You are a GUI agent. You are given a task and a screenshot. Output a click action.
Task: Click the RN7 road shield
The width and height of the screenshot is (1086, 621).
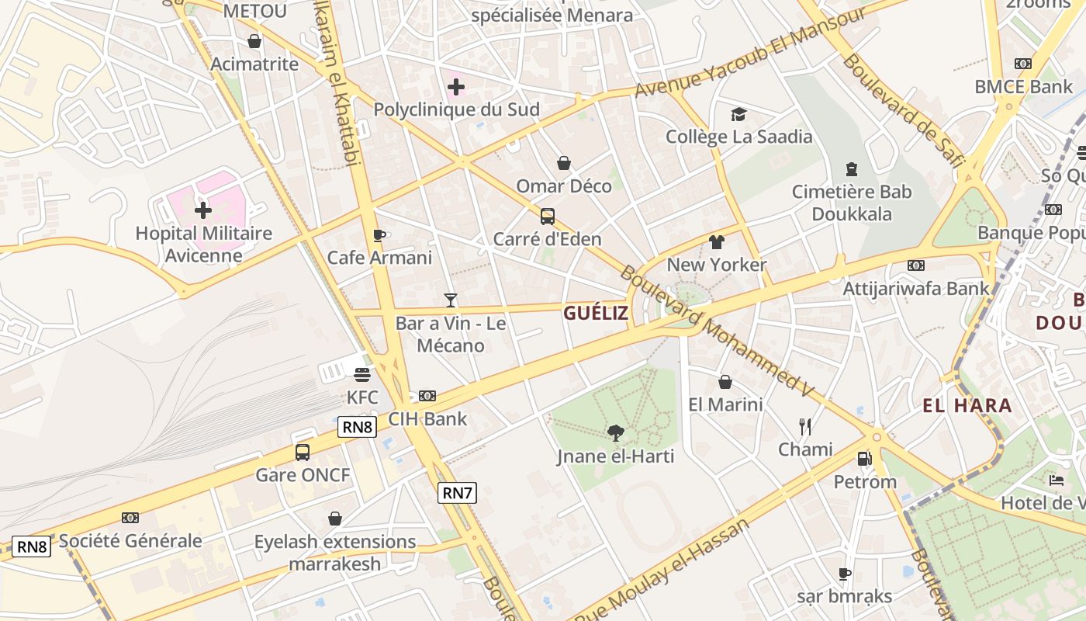tap(457, 492)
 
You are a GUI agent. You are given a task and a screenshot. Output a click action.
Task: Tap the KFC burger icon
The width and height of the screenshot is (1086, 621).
tap(361, 375)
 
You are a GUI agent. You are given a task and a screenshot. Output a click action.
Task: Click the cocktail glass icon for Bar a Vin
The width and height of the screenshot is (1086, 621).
tap(451, 300)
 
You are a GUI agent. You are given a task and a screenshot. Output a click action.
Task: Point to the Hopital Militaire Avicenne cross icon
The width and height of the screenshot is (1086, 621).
tap(202, 210)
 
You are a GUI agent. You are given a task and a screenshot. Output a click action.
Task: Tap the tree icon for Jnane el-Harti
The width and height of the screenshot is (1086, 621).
tap(616, 432)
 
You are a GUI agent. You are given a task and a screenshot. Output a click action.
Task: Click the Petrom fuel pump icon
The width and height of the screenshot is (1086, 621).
tap(865, 458)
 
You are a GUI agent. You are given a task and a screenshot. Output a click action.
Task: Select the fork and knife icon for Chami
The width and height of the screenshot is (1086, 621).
tap(805, 426)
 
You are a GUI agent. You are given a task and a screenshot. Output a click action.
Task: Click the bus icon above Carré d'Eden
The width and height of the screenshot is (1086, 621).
tap(548, 216)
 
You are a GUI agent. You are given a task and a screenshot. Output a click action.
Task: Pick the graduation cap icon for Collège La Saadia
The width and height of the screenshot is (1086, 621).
tap(738, 114)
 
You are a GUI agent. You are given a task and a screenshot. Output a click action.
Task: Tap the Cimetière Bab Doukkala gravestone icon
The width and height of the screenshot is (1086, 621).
tap(852, 168)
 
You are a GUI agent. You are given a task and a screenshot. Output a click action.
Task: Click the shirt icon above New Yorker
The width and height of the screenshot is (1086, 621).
tap(717, 242)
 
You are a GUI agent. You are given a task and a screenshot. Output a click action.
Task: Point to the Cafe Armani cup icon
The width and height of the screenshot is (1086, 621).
tap(379, 235)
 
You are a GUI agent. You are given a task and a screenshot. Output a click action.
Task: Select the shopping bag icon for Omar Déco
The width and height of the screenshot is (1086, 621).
tap(564, 163)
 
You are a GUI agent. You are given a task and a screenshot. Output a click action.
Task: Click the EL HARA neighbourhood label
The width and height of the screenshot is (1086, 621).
tap(967, 405)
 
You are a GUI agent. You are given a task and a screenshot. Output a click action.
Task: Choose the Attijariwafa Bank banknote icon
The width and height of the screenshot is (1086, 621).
tap(916, 265)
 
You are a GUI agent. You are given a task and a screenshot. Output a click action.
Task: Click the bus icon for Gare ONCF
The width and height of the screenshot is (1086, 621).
tap(303, 452)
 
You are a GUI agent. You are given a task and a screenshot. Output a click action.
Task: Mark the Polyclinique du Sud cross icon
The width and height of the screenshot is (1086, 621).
tap(456, 87)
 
